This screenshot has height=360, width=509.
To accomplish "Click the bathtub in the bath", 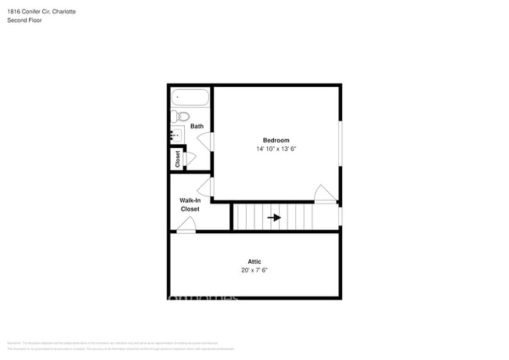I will (x=191, y=98).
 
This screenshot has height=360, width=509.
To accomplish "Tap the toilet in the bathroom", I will (x=181, y=117).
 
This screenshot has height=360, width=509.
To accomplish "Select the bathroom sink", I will (x=177, y=135).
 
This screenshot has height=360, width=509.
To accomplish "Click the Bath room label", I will (x=197, y=126).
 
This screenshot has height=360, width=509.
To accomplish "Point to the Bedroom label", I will (x=276, y=140).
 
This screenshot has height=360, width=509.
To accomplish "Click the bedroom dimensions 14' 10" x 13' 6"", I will (x=276, y=149).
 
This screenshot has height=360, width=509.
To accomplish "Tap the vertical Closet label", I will (x=178, y=159).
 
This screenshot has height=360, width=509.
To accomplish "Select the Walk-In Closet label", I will (x=190, y=205).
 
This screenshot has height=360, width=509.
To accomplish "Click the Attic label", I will (x=254, y=261).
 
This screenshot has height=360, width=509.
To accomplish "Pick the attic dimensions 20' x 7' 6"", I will (x=254, y=270).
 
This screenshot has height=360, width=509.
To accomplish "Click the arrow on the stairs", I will (x=274, y=218).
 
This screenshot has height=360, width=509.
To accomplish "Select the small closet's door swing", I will (x=190, y=159).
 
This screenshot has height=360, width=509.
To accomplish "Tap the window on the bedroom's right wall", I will (x=340, y=144).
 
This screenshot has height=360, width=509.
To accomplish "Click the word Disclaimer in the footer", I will (x=13, y=343).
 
